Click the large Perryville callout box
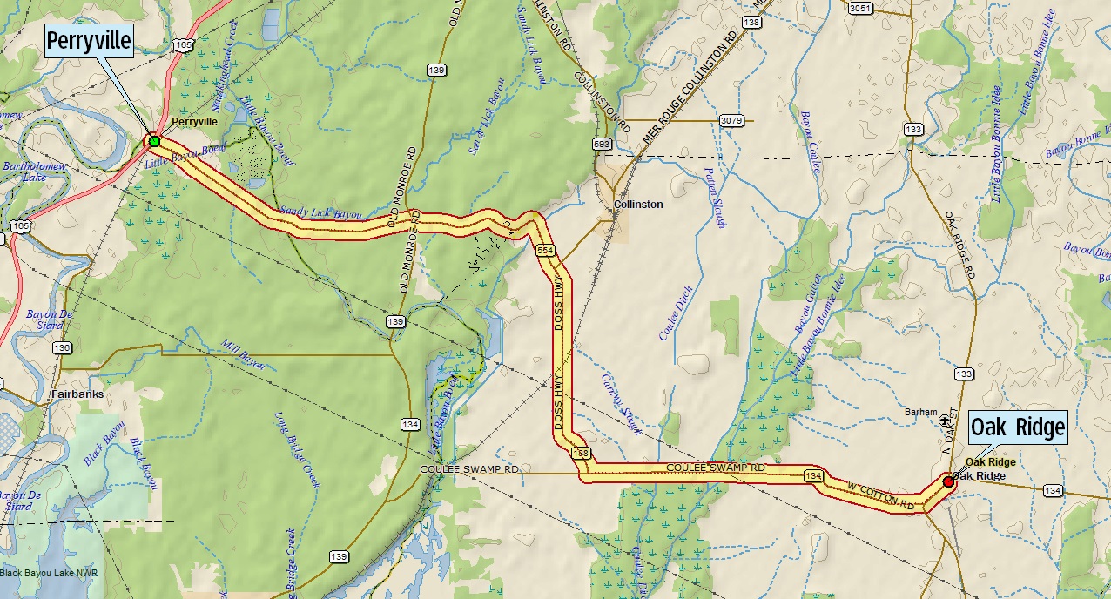(x=88, y=41)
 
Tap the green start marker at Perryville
(x=154, y=141)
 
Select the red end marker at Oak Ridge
(x=948, y=481)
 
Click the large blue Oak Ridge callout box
(x=1018, y=427)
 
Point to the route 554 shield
(x=545, y=251)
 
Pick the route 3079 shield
(x=731, y=119)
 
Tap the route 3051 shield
(x=859, y=9)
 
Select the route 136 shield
(x=61, y=348)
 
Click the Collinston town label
(x=638, y=205)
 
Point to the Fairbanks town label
(x=77, y=394)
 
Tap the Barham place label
(x=920, y=413)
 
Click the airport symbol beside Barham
(x=946, y=421)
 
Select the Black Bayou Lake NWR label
(x=49, y=573)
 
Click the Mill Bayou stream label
(x=243, y=356)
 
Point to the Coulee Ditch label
(x=675, y=313)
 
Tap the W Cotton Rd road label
(x=882, y=494)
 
